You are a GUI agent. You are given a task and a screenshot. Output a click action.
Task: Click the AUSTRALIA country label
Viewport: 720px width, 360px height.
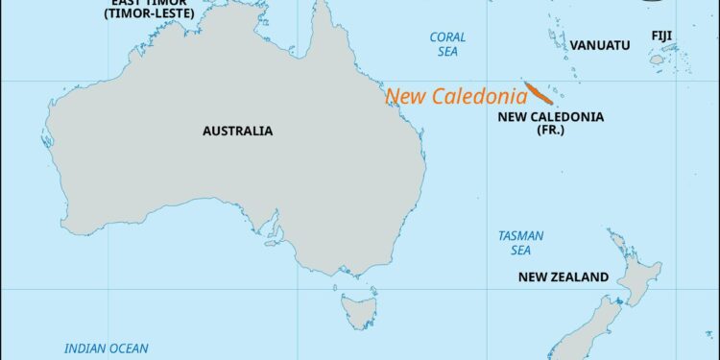point(237,131)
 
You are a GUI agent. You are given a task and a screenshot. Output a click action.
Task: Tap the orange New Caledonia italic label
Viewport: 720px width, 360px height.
point(456,96)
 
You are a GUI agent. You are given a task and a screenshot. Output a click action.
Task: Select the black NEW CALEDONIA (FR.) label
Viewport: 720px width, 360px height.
point(550,123)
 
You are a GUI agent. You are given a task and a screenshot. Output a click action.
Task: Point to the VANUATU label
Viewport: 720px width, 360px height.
point(600,45)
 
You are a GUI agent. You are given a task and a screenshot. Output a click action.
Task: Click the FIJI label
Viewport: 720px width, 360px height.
point(661,36)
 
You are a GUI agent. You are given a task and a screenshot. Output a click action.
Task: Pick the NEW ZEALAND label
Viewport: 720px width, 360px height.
point(563,277)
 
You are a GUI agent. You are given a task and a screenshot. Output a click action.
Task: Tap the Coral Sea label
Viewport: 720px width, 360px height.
point(447,44)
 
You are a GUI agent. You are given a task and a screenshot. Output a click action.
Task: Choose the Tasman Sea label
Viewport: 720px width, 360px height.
point(520,243)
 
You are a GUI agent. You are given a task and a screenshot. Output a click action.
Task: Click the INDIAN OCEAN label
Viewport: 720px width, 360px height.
point(107,348)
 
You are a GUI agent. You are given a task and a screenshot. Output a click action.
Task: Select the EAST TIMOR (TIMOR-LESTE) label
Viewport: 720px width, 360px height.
point(152,9)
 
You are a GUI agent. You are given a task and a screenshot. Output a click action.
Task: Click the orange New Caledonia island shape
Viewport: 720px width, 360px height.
point(540,95)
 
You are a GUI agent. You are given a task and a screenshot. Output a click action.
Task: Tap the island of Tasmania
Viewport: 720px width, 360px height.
point(360,309)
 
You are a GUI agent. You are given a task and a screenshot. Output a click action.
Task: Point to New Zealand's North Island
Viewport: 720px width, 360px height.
point(638,274)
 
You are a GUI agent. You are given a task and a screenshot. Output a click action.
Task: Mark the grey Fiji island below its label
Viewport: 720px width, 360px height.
point(658,59)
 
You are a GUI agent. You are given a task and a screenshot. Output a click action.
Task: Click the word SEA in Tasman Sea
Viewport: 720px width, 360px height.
point(520,251)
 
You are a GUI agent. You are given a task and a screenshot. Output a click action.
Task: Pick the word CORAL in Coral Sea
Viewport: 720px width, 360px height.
point(447,37)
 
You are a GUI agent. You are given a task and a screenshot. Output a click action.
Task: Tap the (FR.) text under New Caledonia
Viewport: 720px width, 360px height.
point(550,131)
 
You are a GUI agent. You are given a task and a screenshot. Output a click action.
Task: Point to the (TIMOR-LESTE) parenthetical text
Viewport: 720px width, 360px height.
point(152,14)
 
